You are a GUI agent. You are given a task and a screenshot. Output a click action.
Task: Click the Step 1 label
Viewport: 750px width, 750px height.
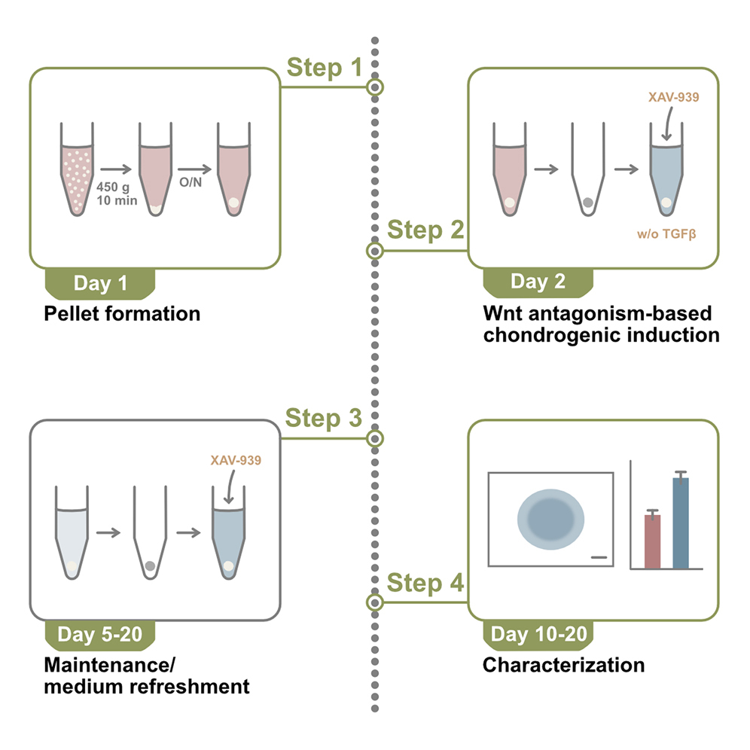pos(325,69)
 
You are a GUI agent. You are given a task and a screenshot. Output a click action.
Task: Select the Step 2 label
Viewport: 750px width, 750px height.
pos(425,231)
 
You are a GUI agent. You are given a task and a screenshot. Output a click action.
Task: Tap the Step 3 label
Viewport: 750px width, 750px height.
pos(325,419)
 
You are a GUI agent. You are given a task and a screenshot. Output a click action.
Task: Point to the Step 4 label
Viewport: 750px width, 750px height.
pos(425,583)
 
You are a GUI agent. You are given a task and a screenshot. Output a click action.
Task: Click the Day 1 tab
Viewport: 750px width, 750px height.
pos(101,284)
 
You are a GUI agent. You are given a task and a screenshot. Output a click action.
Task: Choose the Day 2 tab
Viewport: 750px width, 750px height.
pos(538,282)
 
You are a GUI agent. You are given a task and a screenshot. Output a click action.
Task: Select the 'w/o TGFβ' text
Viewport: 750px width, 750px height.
pos(666,234)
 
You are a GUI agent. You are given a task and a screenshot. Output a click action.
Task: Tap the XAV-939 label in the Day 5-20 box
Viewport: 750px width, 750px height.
pos(236,459)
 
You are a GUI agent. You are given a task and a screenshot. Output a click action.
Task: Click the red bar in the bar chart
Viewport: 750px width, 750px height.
pos(652,541)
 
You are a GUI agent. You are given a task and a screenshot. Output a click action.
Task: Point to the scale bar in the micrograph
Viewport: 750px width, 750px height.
pos(599,557)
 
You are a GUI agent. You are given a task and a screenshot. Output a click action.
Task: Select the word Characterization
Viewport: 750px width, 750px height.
pos(563,665)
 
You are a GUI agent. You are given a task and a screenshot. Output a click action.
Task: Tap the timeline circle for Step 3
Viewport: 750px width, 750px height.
pos(375,438)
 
